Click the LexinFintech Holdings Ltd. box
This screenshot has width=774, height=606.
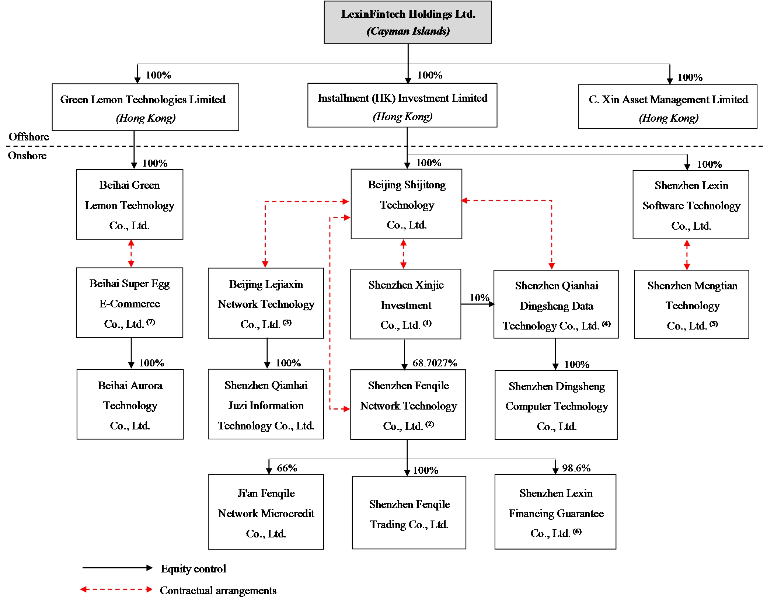[x=408, y=22]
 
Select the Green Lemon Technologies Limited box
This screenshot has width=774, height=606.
[x=145, y=107]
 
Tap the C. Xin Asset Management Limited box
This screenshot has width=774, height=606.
[x=667, y=107]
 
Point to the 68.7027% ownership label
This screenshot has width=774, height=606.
[x=435, y=363]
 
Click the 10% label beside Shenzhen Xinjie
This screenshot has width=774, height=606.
[x=479, y=297]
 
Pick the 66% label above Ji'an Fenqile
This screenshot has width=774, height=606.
[x=287, y=468]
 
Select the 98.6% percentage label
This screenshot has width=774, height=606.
[x=576, y=468]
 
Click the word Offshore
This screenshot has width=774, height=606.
[x=29, y=137]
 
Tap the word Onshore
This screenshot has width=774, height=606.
[x=27, y=156]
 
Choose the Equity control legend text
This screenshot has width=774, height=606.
[x=193, y=569]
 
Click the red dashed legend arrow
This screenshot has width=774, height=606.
[x=116, y=589]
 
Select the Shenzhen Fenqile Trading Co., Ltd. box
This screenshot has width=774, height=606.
[x=409, y=513]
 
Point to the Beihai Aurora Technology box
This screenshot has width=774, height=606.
[x=130, y=404]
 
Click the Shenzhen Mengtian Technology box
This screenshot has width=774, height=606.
[x=691, y=304]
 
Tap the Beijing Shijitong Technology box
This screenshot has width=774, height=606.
[x=406, y=204]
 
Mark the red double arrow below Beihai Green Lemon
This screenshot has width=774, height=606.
[x=131, y=254]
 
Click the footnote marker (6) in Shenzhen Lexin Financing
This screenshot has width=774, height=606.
[x=577, y=532]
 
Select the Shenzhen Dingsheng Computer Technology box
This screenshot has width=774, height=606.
[x=556, y=405]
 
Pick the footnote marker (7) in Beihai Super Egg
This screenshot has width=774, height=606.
[x=151, y=322]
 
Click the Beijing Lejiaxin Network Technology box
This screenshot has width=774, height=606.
[x=266, y=303]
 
